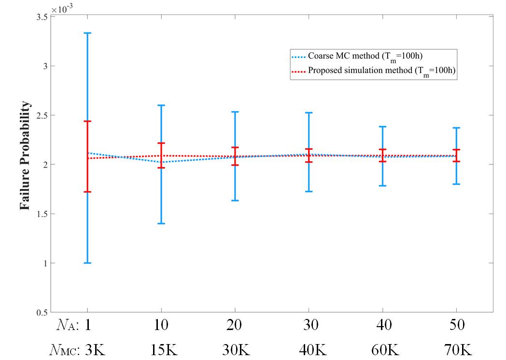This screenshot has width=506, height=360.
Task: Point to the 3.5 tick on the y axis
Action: coord(42,17)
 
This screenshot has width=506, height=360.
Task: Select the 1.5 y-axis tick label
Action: coord(42,214)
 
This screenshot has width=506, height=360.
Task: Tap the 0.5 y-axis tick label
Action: coord(42,313)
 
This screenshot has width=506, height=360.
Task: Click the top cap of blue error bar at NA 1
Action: coord(87,33)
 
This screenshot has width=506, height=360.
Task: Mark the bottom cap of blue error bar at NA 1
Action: coord(87,263)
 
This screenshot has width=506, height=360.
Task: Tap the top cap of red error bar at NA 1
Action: coord(87,121)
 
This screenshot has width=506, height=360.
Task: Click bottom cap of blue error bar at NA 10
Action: coord(161,223)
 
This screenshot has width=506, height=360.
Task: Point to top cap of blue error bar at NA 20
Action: coord(235,112)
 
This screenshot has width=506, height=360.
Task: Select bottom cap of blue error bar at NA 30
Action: coord(309,191)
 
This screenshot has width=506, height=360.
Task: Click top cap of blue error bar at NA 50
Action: coord(456,128)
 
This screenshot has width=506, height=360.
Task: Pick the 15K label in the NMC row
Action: coord(161,350)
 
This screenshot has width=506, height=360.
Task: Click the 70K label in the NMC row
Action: coord(456,350)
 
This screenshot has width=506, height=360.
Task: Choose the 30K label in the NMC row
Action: coord(235,350)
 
